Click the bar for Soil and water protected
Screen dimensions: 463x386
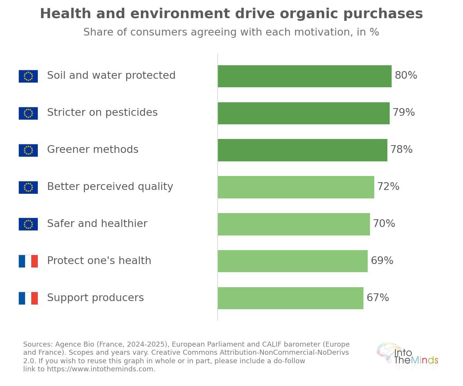click(x=304, y=76)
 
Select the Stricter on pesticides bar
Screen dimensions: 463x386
click(x=304, y=113)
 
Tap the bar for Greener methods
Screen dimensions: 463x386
click(x=302, y=150)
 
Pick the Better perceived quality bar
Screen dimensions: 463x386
click(x=296, y=187)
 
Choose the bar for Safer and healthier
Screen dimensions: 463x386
click(x=294, y=224)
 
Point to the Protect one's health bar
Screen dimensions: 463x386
click(x=293, y=261)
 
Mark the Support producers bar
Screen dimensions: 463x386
click(x=291, y=298)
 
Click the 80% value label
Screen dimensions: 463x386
click(x=406, y=75)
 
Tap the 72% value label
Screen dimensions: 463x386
click(x=388, y=186)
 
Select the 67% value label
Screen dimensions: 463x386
click(x=378, y=298)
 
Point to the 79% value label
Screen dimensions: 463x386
click(x=404, y=112)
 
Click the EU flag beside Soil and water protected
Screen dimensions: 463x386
click(x=28, y=76)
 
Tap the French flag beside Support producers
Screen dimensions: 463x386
click(x=28, y=298)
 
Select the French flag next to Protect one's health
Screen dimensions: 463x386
click(x=28, y=261)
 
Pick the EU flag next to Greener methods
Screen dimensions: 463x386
click(x=28, y=151)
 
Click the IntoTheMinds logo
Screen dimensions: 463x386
click(x=407, y=356)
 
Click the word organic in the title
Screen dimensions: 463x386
click(x=309, y=14)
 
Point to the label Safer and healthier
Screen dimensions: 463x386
click(x=97, y=223)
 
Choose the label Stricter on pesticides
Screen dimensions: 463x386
click(x=102, y=112)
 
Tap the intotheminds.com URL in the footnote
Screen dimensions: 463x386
click(x=101, y=369)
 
